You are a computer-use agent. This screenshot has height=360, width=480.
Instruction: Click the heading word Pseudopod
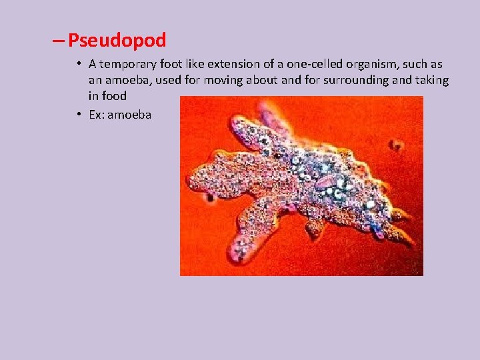tap(117, 41)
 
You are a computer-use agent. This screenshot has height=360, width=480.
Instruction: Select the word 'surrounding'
tap(359, 81)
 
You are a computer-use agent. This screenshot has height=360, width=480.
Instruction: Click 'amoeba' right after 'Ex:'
tap(129, 115)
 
